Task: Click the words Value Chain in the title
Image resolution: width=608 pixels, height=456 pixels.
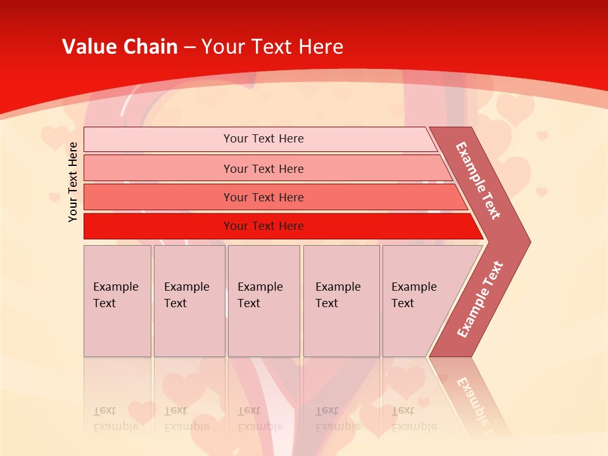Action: point(120,47)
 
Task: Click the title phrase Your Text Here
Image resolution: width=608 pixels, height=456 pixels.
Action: point(272,47)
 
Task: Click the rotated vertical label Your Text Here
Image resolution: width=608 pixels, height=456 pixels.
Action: point(73,182)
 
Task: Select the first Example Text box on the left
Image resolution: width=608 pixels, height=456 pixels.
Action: point(117,301)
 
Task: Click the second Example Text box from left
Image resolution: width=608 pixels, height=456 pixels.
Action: point(189,301)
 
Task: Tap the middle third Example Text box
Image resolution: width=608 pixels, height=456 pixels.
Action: point(263,301)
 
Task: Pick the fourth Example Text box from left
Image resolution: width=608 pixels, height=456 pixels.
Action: point(341,301)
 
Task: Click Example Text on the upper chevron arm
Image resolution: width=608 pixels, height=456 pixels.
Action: point(478,180)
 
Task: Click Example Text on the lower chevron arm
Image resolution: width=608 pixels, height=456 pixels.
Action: point(480,299)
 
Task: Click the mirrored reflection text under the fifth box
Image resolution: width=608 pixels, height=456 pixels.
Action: point(414,419)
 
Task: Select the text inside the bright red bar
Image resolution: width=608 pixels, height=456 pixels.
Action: point(263,226)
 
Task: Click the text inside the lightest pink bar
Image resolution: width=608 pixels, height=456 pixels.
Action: point(263,139)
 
